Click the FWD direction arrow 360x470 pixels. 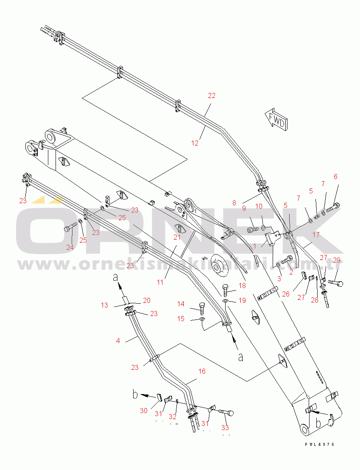276,119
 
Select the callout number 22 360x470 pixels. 211,96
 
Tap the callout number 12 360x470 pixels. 195,143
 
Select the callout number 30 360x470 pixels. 144,411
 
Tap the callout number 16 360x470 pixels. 202,371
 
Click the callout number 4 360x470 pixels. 118,340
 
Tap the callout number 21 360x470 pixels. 176,237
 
